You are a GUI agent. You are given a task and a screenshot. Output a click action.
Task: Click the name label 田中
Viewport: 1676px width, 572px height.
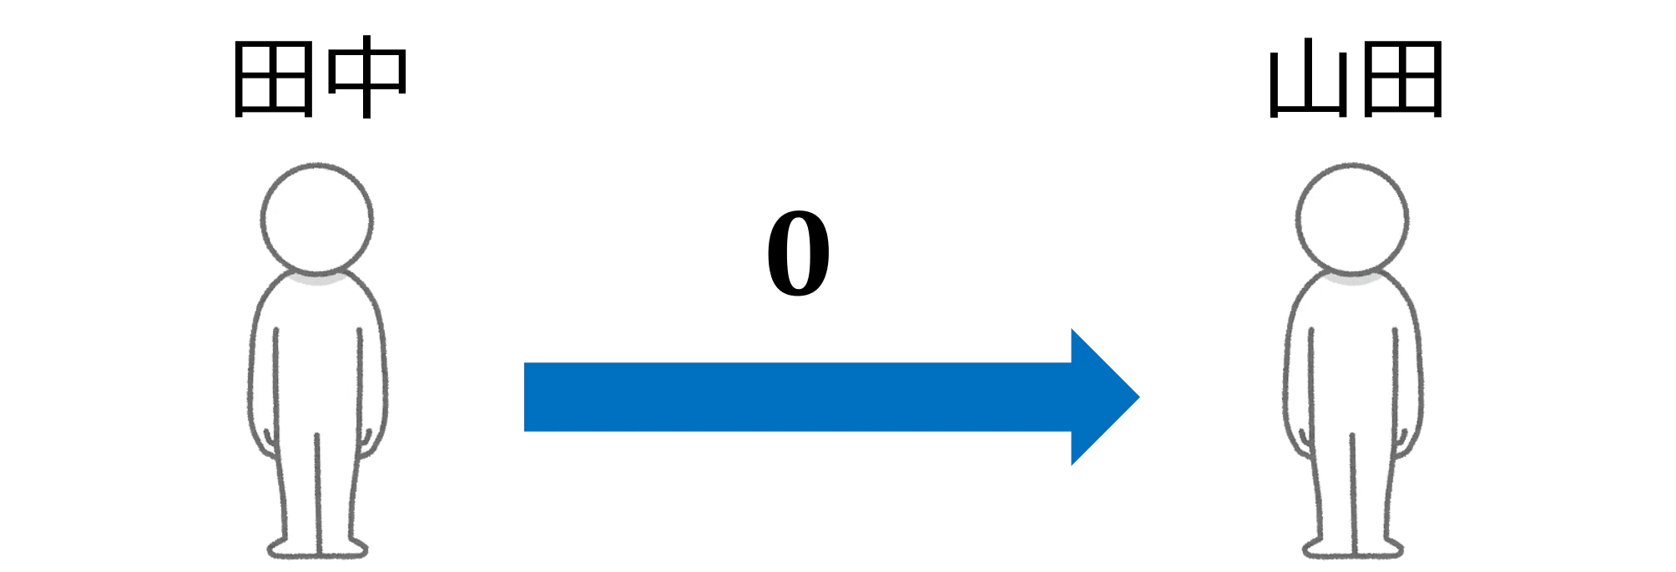click(x=320, y=79)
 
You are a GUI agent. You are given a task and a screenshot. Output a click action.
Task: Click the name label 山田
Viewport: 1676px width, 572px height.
click(x=1355, y=79)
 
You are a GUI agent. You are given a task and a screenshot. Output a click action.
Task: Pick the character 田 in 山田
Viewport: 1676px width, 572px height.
click(x=1402, y=79)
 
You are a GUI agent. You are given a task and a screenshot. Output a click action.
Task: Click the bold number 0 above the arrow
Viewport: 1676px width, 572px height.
click(x=799, y=254)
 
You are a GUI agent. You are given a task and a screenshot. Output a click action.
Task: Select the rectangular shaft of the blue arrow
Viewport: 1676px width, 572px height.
click(x=798, y=397)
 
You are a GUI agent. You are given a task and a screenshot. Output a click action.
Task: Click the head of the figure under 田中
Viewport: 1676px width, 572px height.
click(x=317, y=218)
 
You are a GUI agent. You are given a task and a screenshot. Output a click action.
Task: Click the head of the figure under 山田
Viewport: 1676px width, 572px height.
click(x=1352, y=218)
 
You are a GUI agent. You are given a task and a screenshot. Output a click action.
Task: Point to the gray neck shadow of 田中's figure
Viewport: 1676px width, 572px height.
click(x=317, y=278)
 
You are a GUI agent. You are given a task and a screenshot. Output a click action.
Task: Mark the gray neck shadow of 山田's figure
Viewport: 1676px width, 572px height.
click(x=1353, y=278)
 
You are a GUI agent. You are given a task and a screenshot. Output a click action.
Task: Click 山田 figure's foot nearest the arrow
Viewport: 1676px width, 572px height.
click(x=1327, y=548)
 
